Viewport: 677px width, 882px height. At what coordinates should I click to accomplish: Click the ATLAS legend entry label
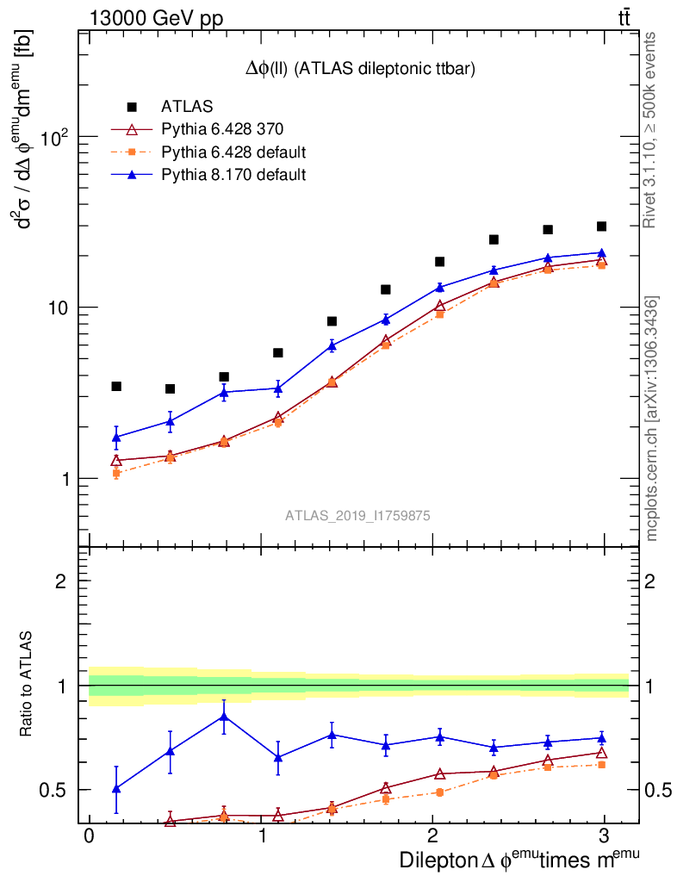[186, 108]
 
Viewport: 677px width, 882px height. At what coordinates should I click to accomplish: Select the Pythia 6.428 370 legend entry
[222, 130]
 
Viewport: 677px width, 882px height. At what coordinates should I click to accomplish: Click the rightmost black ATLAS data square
[601, 227]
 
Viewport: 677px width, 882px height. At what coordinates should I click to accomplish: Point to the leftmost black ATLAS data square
[116, 386]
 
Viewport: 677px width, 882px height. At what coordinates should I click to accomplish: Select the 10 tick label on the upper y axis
[58, 307]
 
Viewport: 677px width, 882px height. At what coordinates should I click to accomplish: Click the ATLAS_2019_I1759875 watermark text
[357, 515]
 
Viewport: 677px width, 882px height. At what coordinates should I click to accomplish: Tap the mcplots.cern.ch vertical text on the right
[652, 419]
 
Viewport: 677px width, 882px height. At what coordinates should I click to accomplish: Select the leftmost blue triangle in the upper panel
[116, 438]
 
